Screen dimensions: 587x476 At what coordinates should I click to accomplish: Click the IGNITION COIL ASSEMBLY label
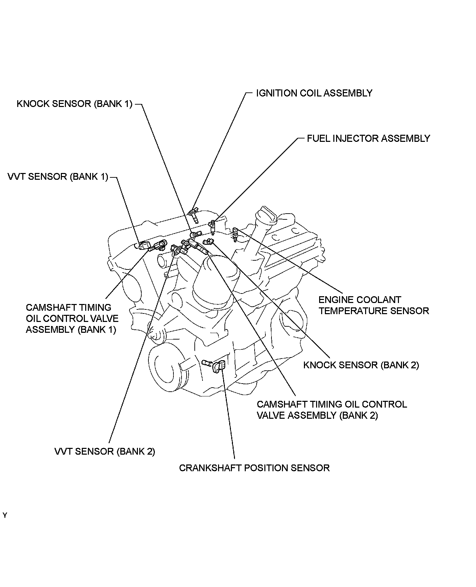[314, 93]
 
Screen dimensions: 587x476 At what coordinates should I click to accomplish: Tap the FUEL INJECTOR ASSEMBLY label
[368, 138]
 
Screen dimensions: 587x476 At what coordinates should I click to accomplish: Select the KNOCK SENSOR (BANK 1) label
[75, 104]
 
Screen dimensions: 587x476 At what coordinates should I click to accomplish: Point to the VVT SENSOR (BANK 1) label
[58, 177]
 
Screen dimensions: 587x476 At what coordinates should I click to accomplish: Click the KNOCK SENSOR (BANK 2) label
[361, 365]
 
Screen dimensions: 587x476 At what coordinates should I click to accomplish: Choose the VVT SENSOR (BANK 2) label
[105, 451]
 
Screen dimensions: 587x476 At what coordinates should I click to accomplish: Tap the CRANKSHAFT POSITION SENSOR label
[254, 468]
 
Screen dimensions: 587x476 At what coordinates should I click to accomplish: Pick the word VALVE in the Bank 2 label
[270, 415]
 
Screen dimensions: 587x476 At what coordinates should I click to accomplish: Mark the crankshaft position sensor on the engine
[219, 366]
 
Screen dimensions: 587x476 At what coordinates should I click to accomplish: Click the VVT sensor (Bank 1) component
[145, 245]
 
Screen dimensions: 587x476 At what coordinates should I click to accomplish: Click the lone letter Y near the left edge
[5, 516]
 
